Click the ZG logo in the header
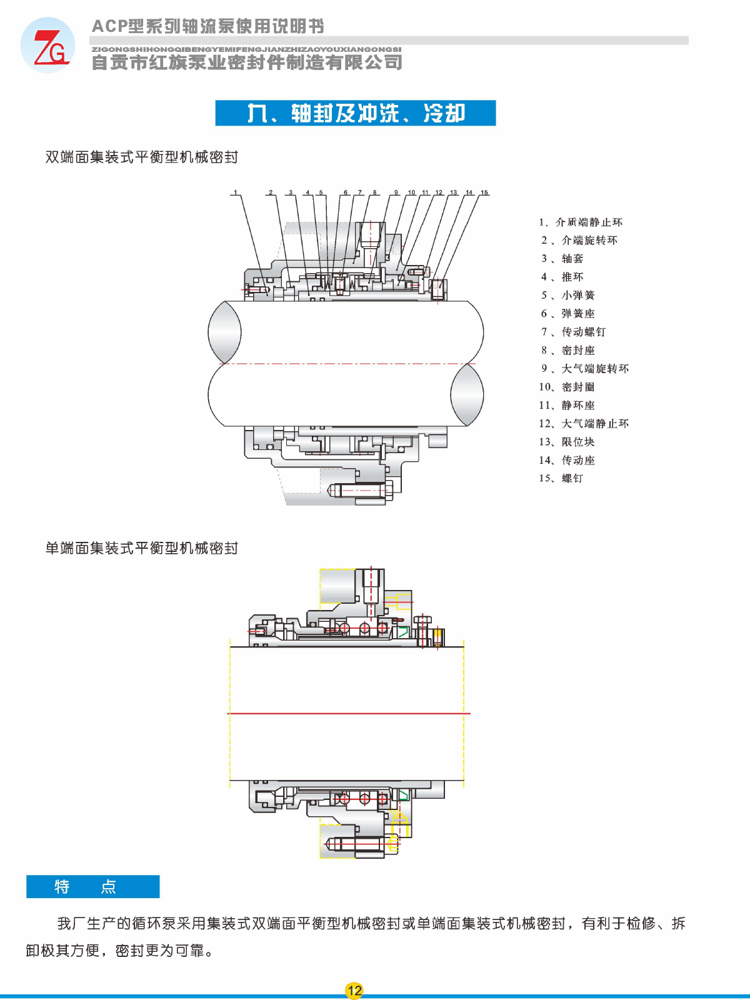(47, 46)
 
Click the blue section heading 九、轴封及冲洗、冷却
(355, 113)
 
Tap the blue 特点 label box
(92, 886)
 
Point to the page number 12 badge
(354, 990)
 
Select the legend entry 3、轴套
(562, 259)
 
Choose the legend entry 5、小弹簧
(568, 296)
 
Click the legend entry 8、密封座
(568, 351)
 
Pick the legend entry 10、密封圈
(567, 387)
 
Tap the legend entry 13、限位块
(567, 442)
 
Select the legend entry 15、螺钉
(561, 479)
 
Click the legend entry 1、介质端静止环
(581, 222)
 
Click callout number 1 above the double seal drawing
(236, 192)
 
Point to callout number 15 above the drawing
(484, 192)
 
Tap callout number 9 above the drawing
(396, 192)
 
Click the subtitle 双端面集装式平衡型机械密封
(142, 157)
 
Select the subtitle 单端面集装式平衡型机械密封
(142, 548)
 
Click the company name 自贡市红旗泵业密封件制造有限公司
(247, 62)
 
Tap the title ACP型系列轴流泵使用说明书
(208, 26)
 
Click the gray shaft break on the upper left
(224, 332)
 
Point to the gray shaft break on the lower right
(467, 394)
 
